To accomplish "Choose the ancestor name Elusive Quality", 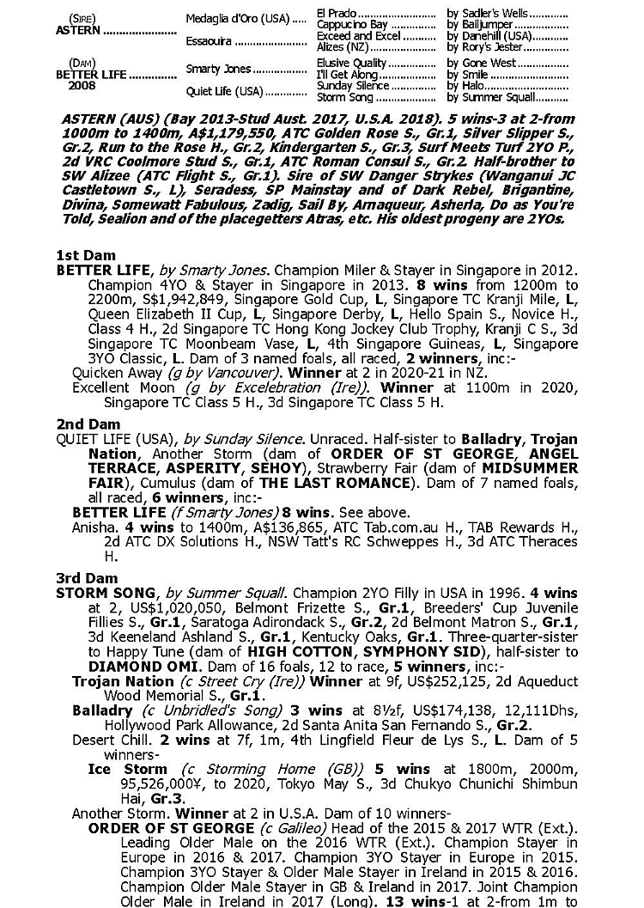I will [x=352, y=64].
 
